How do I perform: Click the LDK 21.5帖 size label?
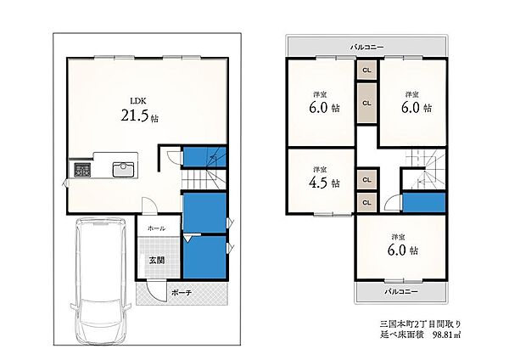[140, 115]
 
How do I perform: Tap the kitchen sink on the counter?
[123, 169]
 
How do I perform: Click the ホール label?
[156, 228]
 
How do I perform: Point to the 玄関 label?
[157, 260]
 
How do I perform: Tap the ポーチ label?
[182, 293]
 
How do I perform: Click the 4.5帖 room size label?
[324, 183]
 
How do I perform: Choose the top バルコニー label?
[366, 48]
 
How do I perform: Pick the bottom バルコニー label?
[401, 291]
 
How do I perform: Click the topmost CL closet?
[366, 70]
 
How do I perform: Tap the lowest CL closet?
[366, 202]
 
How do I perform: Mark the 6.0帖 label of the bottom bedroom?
[403, 250]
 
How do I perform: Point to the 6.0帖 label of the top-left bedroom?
[324, 108]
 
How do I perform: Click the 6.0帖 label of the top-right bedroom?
[417, 108]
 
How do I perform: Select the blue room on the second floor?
[424, 202]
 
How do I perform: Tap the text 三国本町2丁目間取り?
[421, 323]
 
